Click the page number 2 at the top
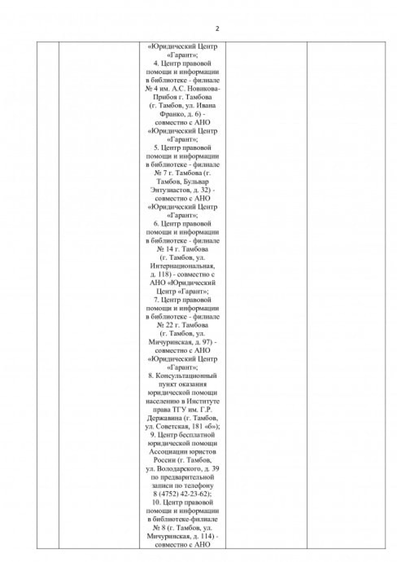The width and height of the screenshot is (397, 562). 217,29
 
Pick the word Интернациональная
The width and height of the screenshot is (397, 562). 183,266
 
